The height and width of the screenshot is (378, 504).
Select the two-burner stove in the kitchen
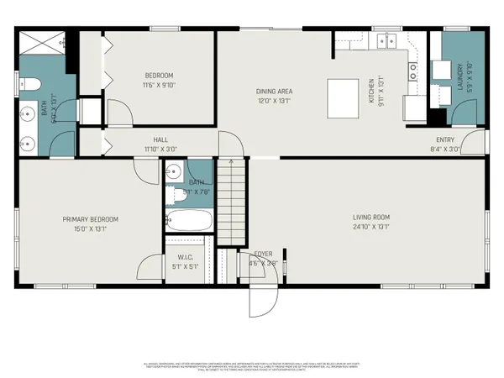[x=413, y=72]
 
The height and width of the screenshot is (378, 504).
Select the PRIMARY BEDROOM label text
[x=90, y=219]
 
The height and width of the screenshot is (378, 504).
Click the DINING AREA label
[x=274, y=91]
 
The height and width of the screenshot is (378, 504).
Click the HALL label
[x=161, y=140]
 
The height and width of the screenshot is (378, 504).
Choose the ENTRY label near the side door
[x=445, y=140]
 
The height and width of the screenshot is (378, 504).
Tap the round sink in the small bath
[x=173, y=172]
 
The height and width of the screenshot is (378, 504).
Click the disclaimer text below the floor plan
[x=252, y=367]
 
